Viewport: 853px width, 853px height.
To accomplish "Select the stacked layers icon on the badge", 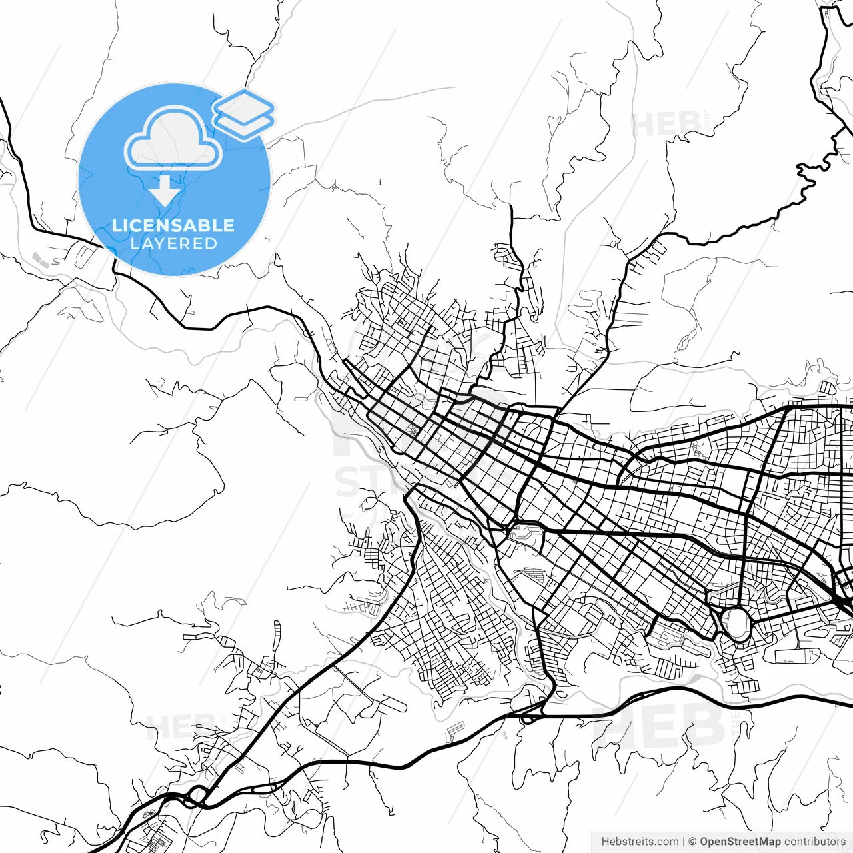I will tap(243, 113).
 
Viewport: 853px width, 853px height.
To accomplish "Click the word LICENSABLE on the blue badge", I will tap(173, 225).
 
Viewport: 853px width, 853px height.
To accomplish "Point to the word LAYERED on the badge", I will tap(173, 244).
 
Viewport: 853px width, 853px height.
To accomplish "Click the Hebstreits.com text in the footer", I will tap(640, 842).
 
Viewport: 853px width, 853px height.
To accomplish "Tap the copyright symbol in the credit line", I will tap(692, 842).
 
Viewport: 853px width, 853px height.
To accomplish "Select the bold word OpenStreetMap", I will tap(740, 842).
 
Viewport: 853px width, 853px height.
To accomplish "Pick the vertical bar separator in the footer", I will tap(684, 842).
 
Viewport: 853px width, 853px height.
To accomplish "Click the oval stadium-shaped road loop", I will tap(737, 624).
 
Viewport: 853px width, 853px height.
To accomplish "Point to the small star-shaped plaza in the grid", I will tap(415, 431).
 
